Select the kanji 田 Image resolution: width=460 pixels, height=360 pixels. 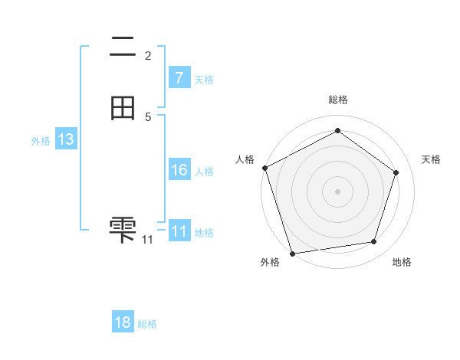123,108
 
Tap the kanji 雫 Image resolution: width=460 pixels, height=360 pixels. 123,229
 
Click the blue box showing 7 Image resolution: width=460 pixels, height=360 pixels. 179,77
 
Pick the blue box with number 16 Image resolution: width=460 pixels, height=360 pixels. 179,170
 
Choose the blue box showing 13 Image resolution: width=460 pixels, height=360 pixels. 66,139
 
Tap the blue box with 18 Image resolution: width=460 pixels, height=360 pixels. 123,322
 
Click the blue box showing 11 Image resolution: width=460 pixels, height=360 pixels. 179,231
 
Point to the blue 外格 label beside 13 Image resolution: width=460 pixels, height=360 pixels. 41,141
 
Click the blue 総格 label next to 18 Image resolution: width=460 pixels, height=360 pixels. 148,324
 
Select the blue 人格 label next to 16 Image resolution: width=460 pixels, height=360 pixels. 205,172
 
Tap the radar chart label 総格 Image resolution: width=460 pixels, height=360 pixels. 337,100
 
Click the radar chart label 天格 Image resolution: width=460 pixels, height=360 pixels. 431,159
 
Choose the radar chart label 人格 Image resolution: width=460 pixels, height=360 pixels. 245,159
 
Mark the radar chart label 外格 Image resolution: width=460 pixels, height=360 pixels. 270,262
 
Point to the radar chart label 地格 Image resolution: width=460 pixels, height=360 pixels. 402,262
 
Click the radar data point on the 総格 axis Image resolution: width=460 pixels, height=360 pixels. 337,131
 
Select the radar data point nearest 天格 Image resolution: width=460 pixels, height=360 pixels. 396,172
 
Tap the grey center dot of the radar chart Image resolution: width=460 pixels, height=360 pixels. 337,191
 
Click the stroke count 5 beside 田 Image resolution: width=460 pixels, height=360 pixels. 148,116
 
